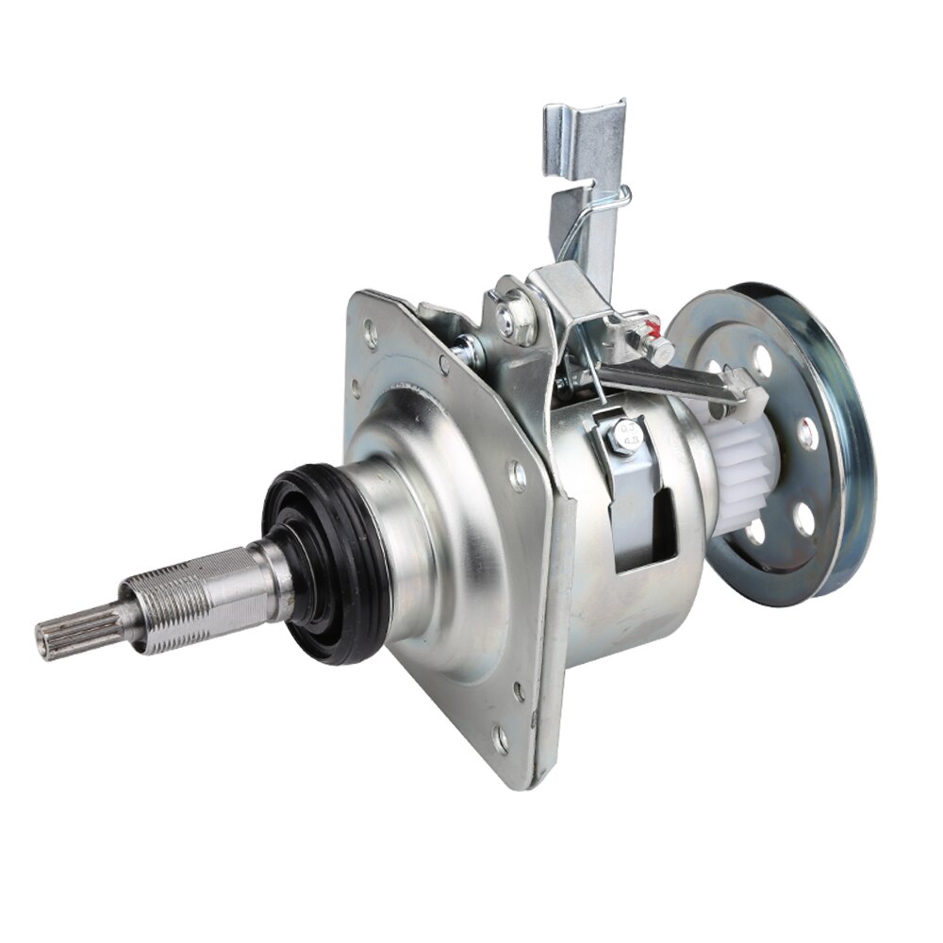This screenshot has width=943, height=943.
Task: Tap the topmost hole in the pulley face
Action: click(x=763, y=358)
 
